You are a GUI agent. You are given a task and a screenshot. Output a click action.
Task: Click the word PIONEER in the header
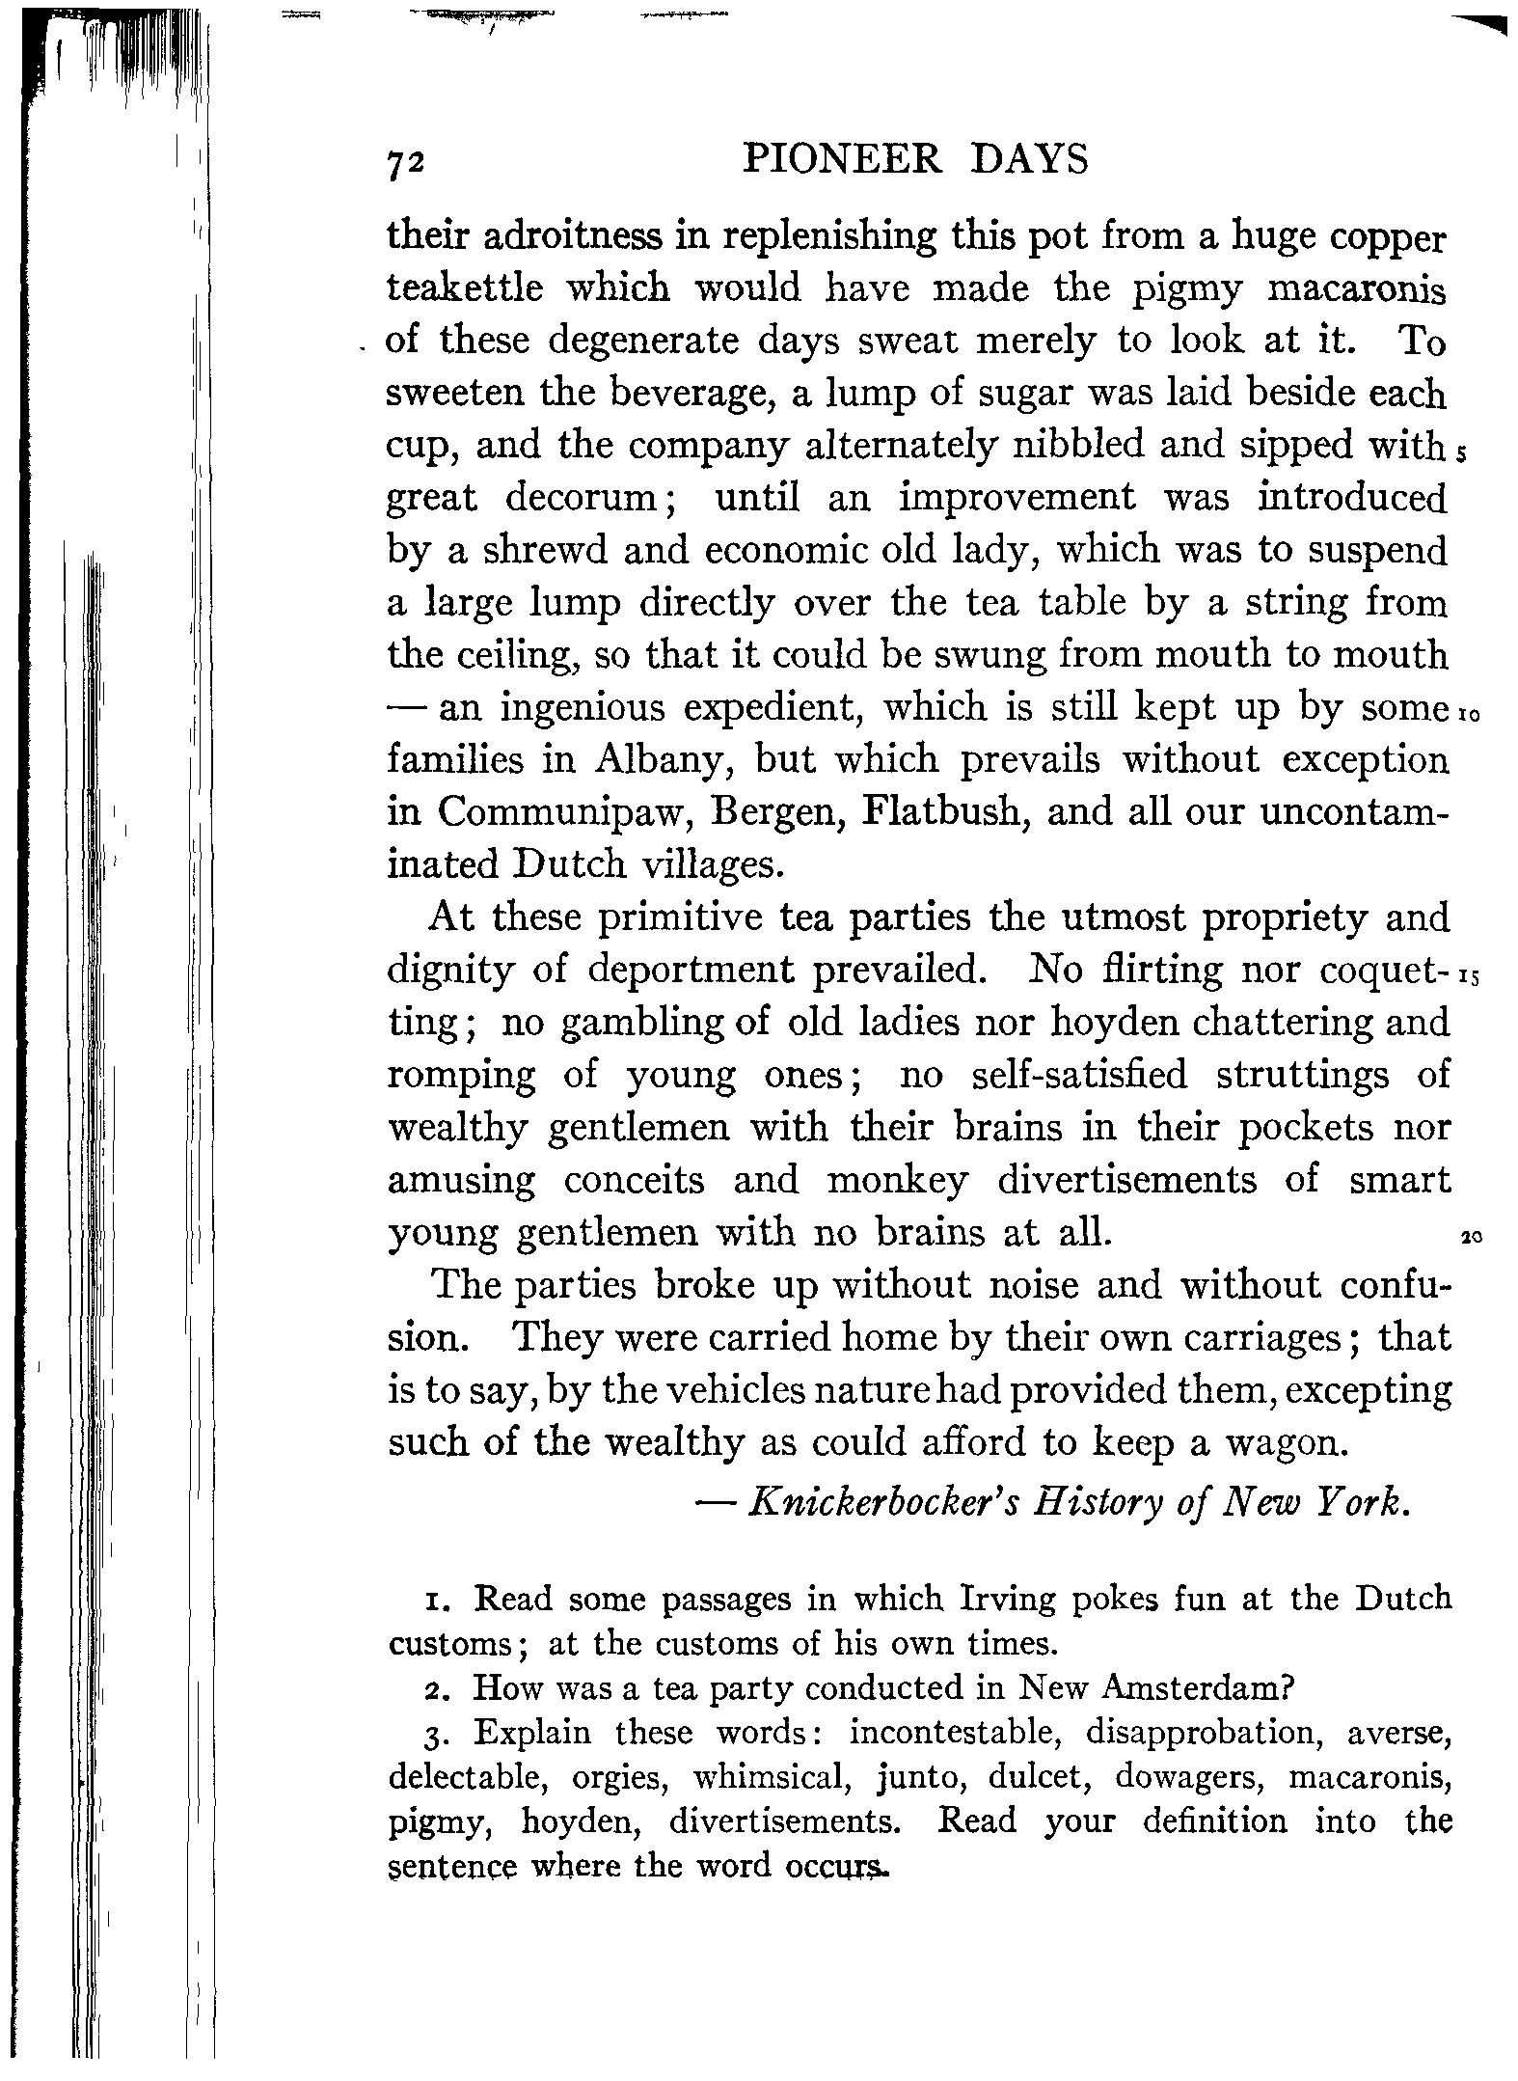(842, 159)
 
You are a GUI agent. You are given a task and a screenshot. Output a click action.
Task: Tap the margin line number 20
(1471, 1237)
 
